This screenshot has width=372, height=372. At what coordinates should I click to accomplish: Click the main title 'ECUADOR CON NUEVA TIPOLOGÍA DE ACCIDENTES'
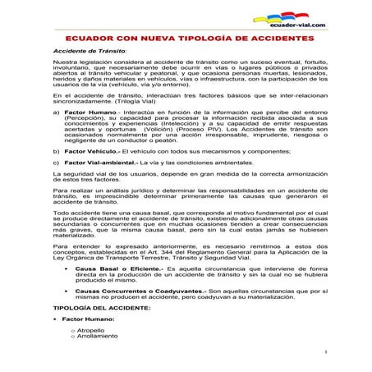point(186,39)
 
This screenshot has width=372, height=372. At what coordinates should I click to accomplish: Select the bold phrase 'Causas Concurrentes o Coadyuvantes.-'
point(140,290)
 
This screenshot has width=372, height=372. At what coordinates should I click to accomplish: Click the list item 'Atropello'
point(92,329)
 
